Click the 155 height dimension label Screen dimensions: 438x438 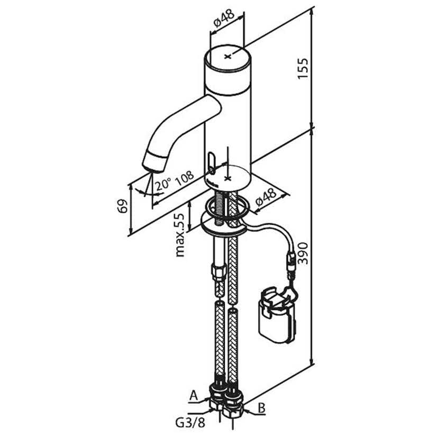(303, 68)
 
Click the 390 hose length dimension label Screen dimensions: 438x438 (303, 253)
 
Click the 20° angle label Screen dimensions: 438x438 (163, 185)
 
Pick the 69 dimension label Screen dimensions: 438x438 (122, 206)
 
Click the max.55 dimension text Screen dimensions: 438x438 (180, 235)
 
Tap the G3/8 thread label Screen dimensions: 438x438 (190, 423)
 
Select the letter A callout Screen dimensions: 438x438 (194, 396)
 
